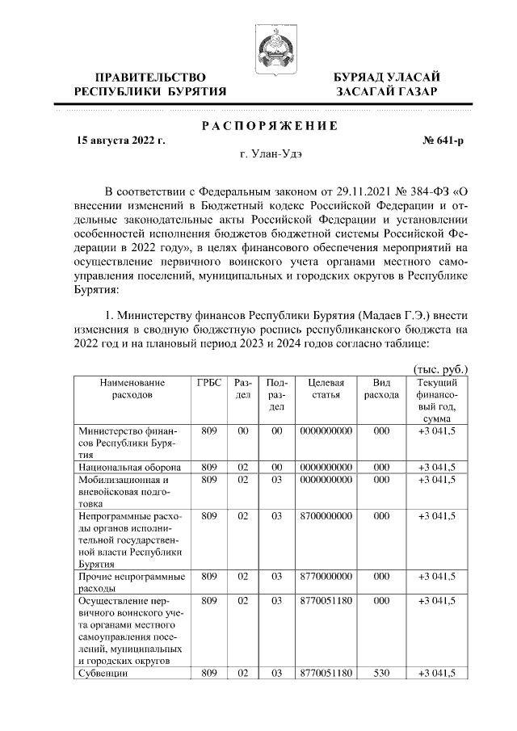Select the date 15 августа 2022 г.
coord(120,141)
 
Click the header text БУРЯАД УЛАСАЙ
coord(387,76)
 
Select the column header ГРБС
coord(209,382)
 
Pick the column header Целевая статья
coord(326,389)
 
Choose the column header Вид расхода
coord(381,389)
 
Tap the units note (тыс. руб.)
coord(440,368)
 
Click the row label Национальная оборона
coord(129,467)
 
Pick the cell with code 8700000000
coord(326,515)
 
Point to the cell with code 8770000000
coord(326,576)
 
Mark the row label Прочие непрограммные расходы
coord(131,582)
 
